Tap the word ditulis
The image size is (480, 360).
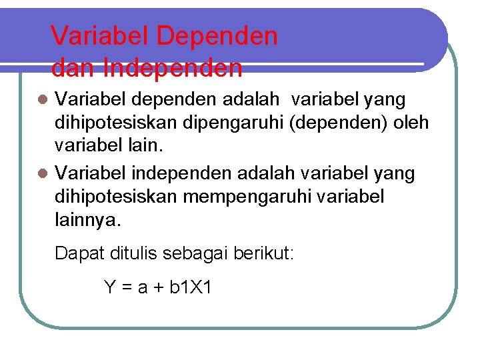tap(138, 254)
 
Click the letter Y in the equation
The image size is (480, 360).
tap(111, 287)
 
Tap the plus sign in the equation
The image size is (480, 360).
tap(159, 288)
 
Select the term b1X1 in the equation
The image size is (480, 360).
tap(191, 287)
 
